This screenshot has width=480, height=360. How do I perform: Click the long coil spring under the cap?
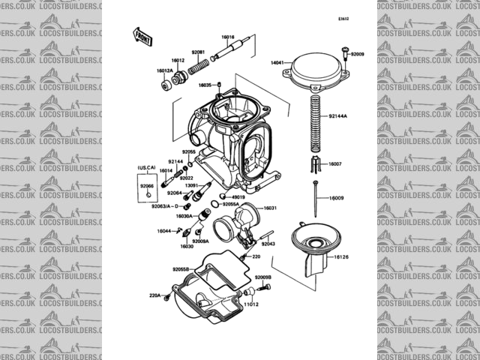(x=315, y=120)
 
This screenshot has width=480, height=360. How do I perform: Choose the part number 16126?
(x=341, y=257)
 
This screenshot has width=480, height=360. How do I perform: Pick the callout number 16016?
(x=227, y=37)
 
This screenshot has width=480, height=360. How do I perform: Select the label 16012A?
(x=164, y=70)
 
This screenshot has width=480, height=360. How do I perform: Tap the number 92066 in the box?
(x=146, y=184)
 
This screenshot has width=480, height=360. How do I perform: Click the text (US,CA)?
(x=145, y=169)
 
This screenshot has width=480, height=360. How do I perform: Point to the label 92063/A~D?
(x=165, y=205)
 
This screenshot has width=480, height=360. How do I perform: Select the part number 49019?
(x=239, y=197)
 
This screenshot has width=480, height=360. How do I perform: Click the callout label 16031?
(x=270, y=208)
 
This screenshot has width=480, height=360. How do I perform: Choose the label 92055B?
(x=181, y=268)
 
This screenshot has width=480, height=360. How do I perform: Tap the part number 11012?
(x=250, y=305)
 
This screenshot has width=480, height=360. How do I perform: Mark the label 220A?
(x=154, y=295)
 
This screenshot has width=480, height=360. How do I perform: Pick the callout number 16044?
(x=164, y=231)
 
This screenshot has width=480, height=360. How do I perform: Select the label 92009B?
(x=262, y=278)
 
